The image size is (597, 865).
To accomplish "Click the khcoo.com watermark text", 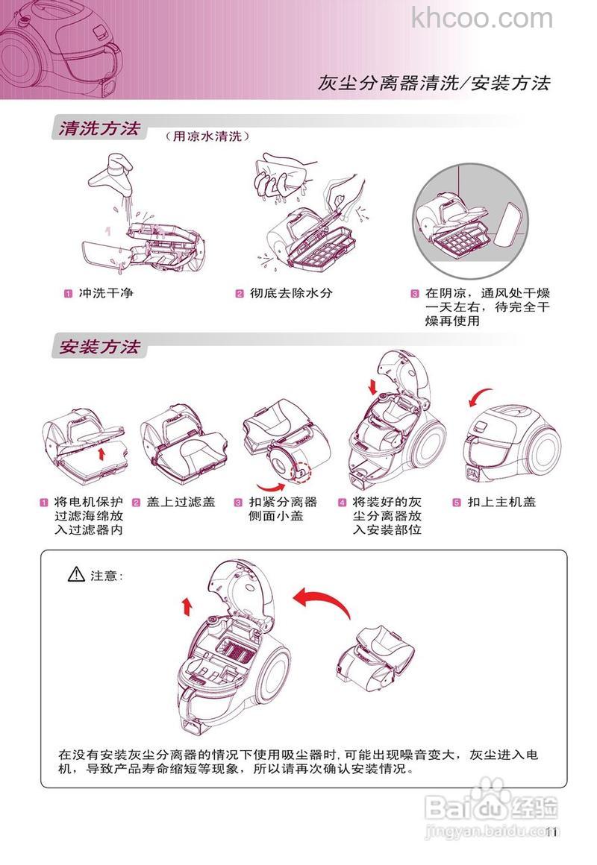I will pos(482,17).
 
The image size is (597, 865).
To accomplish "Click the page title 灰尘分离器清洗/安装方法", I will pos(434,83).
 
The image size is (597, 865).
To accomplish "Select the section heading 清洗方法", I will pos(99,128).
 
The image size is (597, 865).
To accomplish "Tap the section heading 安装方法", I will pos(99,347).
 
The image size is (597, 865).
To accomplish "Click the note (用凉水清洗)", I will pos(207,136).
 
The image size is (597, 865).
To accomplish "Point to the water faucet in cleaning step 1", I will pos(113,170).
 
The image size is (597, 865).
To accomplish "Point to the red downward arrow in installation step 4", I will pos(373,387).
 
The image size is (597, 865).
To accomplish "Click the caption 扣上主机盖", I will pos(495,502).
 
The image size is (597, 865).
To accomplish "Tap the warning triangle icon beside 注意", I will pos(76,574).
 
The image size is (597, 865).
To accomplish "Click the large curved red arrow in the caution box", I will pos(321,600).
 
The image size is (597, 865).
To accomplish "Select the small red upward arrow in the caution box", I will pos(186,605).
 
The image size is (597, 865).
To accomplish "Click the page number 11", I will pos(551,832).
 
